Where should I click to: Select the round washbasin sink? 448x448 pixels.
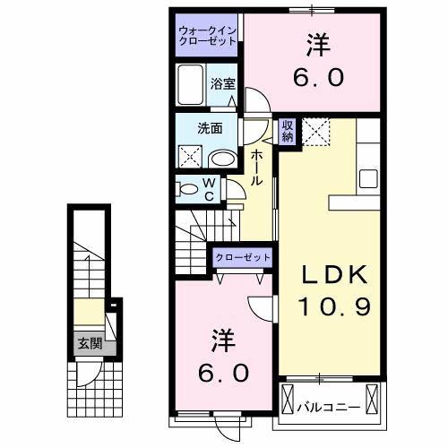pos(220,159)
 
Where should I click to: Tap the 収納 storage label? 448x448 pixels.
pos(288,131)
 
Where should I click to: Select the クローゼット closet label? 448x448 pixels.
pos(242,257)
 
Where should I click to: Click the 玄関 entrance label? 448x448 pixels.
pos(88,343)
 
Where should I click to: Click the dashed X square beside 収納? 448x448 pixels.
pos(315,132)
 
